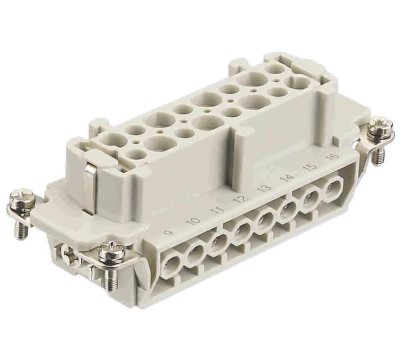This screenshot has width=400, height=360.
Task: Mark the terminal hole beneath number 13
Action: pos(265,219)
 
